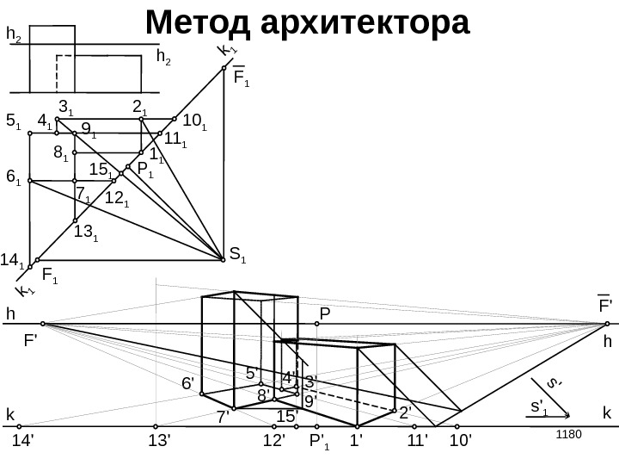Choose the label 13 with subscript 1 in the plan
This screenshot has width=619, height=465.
(85, 231)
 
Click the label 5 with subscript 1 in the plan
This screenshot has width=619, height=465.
(13, 122)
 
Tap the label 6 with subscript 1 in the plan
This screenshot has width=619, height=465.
(13, 177)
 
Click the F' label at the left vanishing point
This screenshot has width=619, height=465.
(34, 340)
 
